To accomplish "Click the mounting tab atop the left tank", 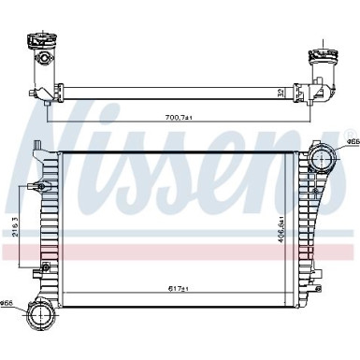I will pyautogui.click(x=36, y=147).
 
